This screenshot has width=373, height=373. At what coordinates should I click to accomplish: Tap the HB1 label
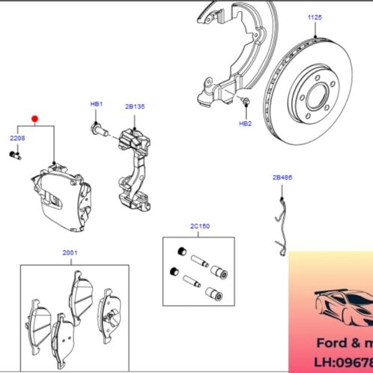96,103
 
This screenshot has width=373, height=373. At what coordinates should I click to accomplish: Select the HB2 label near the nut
245,123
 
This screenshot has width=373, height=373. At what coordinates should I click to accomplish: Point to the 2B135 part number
134,107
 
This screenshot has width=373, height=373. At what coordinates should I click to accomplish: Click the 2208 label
16,139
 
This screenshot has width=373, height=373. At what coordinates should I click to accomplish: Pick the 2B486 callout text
282,178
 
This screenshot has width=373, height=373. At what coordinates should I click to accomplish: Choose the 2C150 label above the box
198,225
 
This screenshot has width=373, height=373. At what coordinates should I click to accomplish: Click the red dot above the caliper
34,118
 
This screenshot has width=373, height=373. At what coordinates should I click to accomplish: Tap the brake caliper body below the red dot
64,198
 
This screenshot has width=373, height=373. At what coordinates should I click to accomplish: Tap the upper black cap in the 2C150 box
181,250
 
